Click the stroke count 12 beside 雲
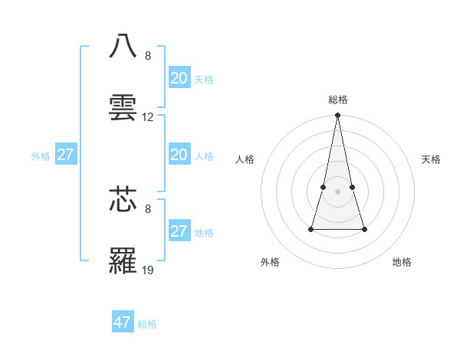coord(148,117)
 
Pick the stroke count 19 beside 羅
coord(148,270)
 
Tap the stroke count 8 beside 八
coord(148,56)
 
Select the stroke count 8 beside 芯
coord(148,208)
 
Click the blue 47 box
coord(123,322)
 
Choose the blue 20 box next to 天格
coord(179,78)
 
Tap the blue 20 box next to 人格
coord(179,155)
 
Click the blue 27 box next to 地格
coord(179,231)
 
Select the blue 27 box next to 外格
coord(65,155)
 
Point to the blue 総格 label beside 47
coord(147,324)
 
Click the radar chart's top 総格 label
coord(338,100)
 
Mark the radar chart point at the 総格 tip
coord(338,116)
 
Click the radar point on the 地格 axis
coord(364,229)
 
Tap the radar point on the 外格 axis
coord(312,229)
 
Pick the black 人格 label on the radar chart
coord(245,159)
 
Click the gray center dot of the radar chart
coord(338,191)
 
